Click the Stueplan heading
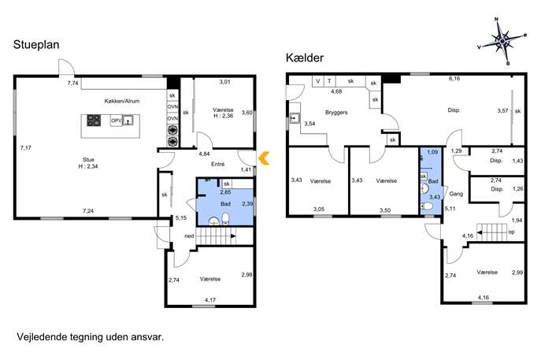point(36,45)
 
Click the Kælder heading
point(305,58)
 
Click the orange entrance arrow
point(264,158)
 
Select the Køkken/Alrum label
point(122,101)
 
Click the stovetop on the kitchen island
point(94,121)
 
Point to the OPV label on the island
point(116,121)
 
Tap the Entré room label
point(217,165)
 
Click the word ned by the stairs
point(189,236)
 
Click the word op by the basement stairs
point(511,232)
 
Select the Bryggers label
point(336,113)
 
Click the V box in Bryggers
point(318,81)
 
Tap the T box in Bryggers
point(329,81)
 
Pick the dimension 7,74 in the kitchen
point(72,84)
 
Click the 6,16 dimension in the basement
point(454,79)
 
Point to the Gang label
point(456,194)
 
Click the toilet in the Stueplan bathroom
point(226,219)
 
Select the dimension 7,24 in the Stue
point(88,211)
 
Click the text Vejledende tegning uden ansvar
point(91,337)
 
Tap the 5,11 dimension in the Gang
point(450,209)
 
